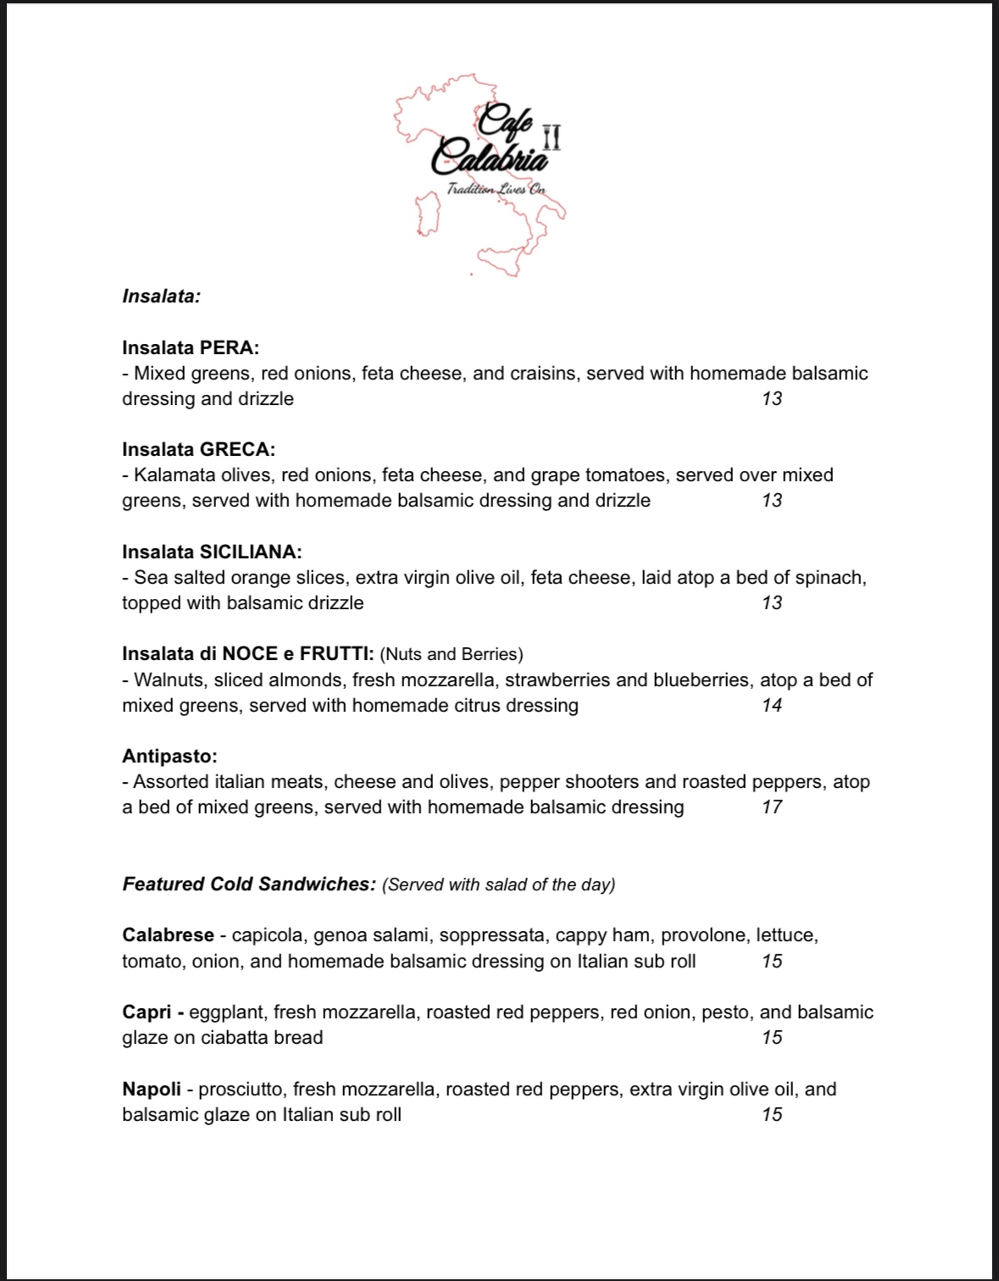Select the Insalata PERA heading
(191, 347)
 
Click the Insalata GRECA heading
(198, 449)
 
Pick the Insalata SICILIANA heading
(212, 552)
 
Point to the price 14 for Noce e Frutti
(772, 705)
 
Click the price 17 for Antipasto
(772, 807)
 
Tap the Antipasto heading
(169, 756)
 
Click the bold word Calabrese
(168, 935)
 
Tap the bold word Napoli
(152, 1089)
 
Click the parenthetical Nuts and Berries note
(452, 654)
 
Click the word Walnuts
(170, 679)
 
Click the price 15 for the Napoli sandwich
(772, 1114)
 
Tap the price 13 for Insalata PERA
(772, 398)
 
